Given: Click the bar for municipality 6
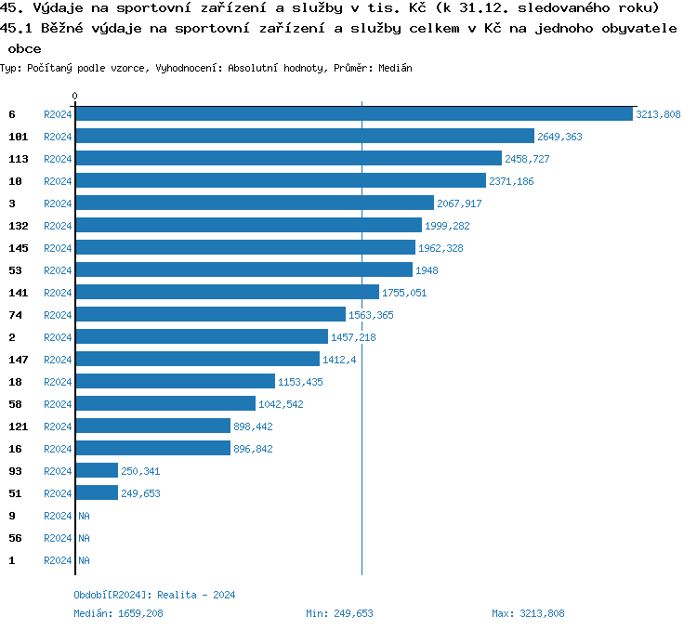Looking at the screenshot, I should [353, 114].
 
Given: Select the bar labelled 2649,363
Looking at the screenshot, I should [305, 137].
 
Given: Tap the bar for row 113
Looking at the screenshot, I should [288, 159].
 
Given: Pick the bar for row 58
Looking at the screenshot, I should [165, 404].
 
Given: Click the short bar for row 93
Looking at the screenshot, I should [97, 471].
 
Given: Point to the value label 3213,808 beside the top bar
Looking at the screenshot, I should [658, 114].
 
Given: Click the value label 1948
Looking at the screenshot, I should [427, 270].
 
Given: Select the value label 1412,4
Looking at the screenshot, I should [339, 360].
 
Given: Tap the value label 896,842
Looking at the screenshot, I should [254, 449].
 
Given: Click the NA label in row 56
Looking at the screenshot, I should [84, 538].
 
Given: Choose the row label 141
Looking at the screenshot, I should [19, 293].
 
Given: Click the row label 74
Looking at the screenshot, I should [15, 315].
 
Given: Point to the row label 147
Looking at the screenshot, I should [19, 360].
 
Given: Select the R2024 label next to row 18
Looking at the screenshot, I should [58, 382].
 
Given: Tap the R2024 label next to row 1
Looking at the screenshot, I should [58, 560].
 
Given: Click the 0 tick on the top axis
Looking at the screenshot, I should [75, 96].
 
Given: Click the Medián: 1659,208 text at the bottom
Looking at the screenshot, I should [119, 613].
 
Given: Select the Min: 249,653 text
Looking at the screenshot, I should [339, 613].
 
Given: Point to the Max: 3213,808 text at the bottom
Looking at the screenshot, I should [528, 613].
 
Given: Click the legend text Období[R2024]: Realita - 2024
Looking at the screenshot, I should [154, 595].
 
